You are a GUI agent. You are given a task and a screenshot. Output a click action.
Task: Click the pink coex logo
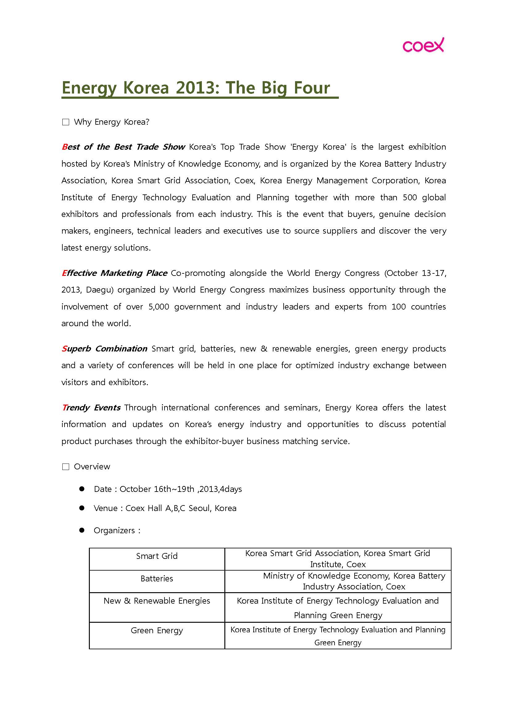point(423,45)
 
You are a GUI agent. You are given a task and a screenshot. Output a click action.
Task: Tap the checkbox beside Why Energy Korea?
point(66,122)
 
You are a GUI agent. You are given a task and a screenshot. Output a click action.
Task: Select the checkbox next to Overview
point(66,467)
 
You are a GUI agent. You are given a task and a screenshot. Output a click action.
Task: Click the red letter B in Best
point(65,147)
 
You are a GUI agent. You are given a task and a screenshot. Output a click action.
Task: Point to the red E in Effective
point(64,273)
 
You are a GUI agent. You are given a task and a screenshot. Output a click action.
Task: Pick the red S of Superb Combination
point(64,349)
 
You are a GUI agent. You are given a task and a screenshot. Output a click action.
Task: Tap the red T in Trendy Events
point(64,408)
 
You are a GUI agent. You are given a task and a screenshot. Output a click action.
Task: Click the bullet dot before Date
point(82,489)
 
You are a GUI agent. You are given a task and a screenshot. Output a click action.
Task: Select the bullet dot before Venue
point(82,508)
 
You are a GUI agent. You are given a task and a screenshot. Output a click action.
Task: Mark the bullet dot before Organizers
point(82,530)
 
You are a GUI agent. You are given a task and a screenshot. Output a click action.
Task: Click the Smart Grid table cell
point(157,556)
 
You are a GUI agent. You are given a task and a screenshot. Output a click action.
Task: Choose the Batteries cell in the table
point(157,579)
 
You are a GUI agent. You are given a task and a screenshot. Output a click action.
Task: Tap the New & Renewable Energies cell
point(157,601)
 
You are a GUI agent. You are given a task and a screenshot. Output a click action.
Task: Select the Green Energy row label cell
point(157,630)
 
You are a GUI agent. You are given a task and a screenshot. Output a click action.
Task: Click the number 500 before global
point(410,198)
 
